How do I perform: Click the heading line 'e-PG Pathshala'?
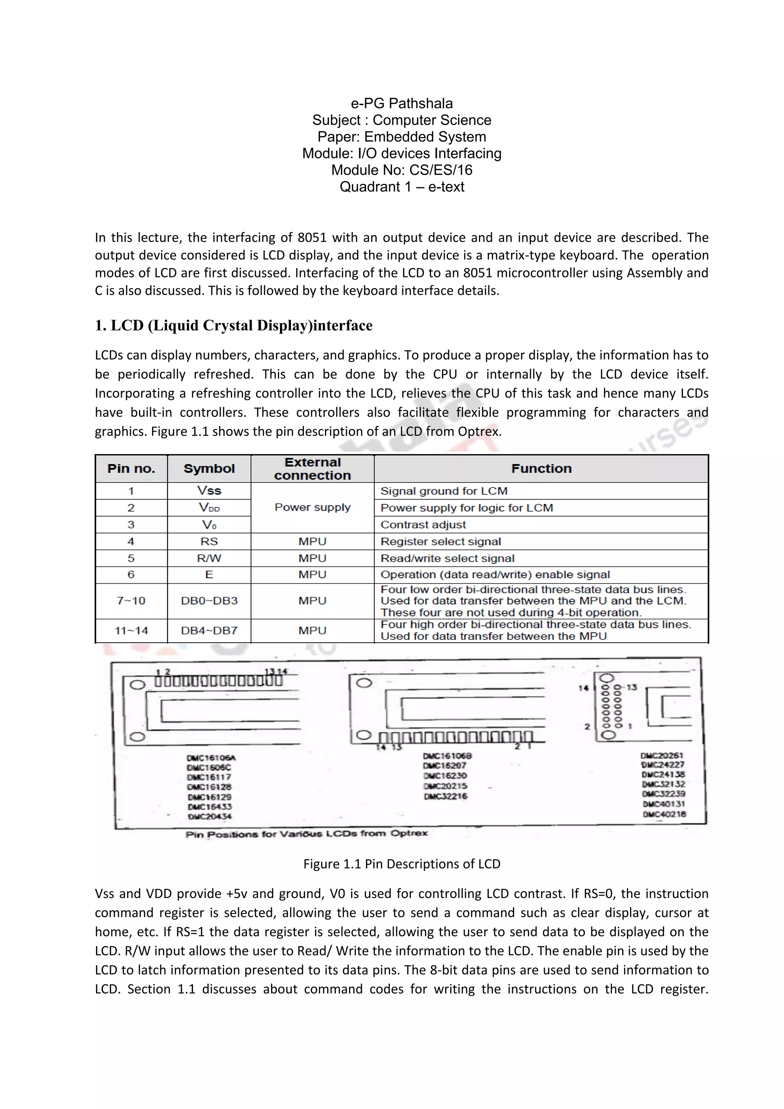(x=401, y=103)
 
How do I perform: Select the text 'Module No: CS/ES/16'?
(x=401, y=170)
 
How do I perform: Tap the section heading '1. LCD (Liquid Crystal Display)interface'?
(x=234, y=326)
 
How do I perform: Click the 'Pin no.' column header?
(x=131, y=468)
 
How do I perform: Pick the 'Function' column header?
(x=541, y=468)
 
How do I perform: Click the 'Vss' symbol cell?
(x=209, y=491)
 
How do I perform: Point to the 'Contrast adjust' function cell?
(x=423, y=525)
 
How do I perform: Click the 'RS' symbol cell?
(x=209, y=541)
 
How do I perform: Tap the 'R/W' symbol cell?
(x=209, y=558)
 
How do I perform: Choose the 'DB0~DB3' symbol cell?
(x=209, y=601)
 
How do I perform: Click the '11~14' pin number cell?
(x=131, y=631)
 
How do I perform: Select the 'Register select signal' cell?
(x=440, y=541)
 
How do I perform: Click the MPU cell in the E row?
(x=312, y=575)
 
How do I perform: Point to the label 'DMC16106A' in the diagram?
(x=211, y=758)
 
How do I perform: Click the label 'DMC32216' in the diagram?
(x=446, y=796)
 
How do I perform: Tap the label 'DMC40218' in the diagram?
(x=664, y=814)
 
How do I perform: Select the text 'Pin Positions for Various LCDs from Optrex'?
(x=307, y=834)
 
